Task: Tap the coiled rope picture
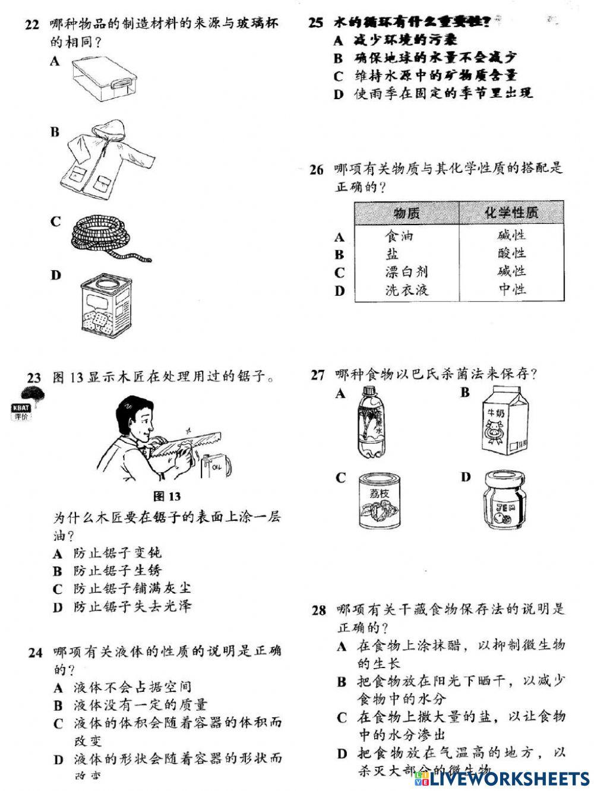pyautogui.click(x=107, y=239)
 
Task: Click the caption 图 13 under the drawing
pyautogui.click(x=166, y=496)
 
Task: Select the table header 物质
pyautogui.click(x=406, y=213)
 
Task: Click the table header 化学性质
pyautogui.click(x=511, y=213)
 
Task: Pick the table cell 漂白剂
pyautogui.click(x=406, y=272)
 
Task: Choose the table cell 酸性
pyautogui.click(x=511, y=254)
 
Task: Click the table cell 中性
pyautogui.click(x=511, y=290)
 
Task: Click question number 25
pyautogui.click(x=316, y=23)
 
